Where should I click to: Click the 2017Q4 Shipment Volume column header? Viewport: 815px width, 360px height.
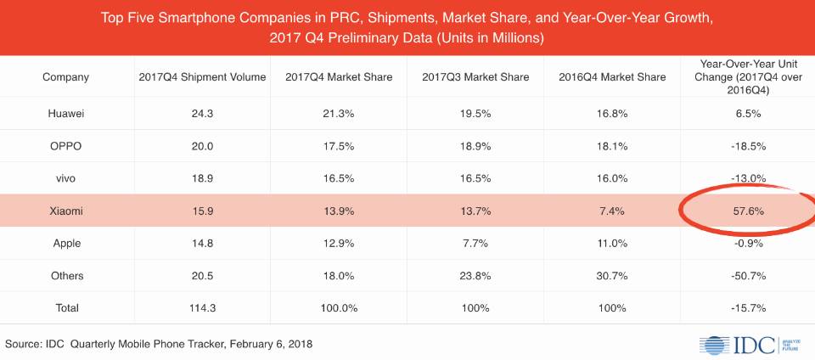(202, 77)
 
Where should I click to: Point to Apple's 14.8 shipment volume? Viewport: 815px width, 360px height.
(202, 243)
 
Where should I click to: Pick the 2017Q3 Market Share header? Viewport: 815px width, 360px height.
(475, 77)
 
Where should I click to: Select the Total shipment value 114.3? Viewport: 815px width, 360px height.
(202, 308)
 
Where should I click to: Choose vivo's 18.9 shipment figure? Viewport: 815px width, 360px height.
(202, 178)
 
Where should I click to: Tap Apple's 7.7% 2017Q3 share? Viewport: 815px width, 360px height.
(475, 243)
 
